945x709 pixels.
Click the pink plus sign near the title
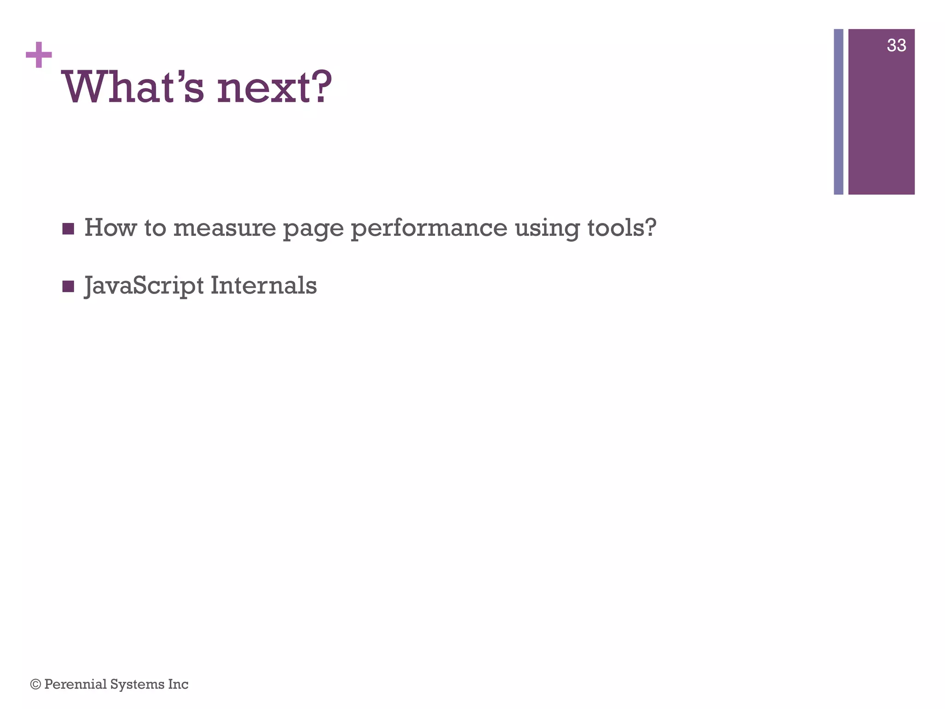coord(39,55)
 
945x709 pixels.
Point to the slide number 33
coord(896,45)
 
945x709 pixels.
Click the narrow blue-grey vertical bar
coord(838,112)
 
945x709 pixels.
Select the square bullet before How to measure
coord(68,228)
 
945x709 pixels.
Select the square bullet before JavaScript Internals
coord(68,287)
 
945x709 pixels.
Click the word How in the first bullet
coord(110,228)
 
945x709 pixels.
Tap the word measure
coord(224,228)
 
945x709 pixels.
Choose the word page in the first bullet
coord(313,229)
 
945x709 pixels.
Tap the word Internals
coord(263,285)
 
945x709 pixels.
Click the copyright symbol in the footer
coord(36,684)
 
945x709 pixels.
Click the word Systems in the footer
coord(137,684)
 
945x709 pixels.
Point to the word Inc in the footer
coord(178,684)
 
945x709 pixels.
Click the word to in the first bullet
coord(155,228)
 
